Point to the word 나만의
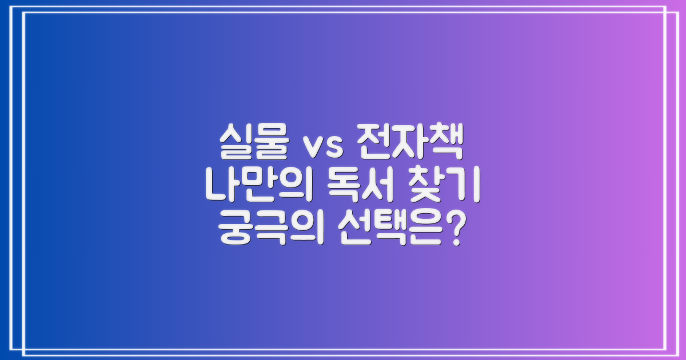[257, 188]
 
